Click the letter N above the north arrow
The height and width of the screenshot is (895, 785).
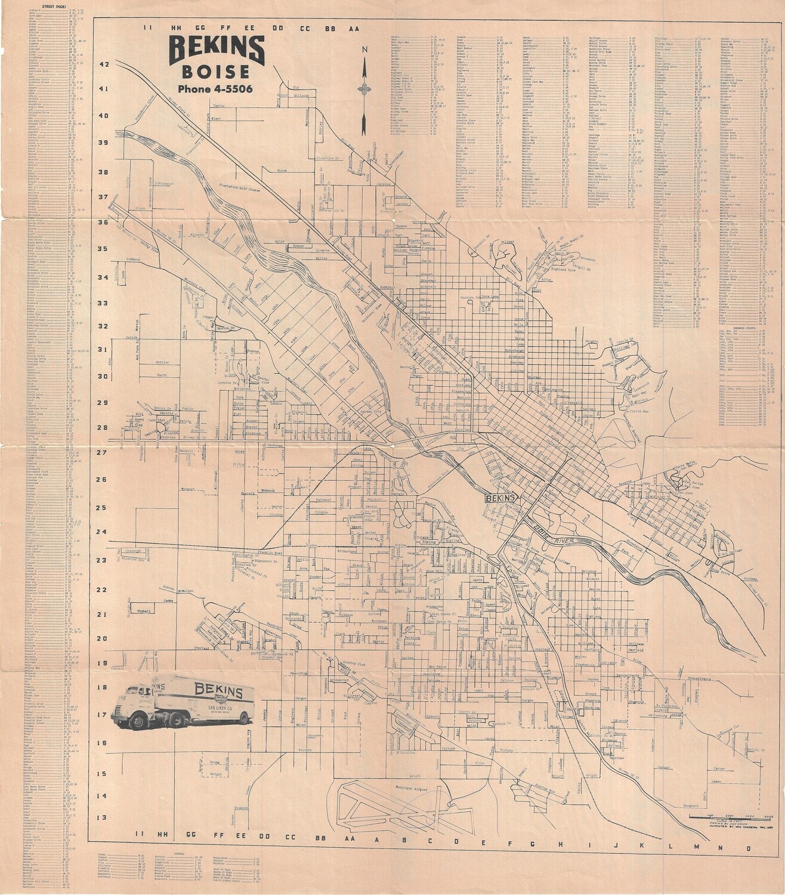[363, 51]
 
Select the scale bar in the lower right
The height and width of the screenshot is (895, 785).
[729, 815]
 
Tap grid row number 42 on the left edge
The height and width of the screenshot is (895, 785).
[104, 65]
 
